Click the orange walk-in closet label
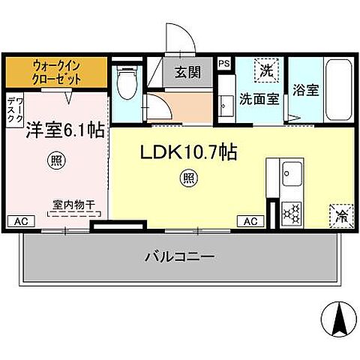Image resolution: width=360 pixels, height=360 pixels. click(57, 72)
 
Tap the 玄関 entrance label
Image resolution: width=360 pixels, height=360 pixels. click(187, 73)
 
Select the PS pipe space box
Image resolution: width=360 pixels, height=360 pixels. click(224, 64)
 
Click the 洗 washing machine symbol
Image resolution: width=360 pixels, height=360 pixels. click(266, 70)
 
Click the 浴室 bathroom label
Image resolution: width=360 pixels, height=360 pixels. click(305, 88)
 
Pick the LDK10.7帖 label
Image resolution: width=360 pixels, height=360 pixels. click(190, 153)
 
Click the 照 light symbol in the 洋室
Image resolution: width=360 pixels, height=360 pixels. click(55, 160)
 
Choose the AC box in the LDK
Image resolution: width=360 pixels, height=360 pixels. click(250, 221)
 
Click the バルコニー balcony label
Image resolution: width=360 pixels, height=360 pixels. click(179, 256)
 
